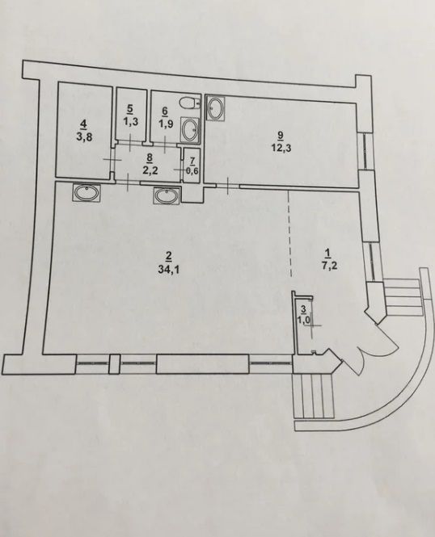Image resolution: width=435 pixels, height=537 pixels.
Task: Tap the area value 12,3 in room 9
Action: (281, 149)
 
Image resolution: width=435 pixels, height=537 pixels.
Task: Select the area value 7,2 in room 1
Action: (327, 265)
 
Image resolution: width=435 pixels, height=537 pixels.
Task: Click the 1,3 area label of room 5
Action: (130, 121)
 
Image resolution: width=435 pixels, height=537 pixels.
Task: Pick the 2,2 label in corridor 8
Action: (150, 170)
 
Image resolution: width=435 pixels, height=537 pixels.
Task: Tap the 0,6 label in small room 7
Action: (192, 171)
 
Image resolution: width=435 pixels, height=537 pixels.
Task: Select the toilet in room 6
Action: (190, 103)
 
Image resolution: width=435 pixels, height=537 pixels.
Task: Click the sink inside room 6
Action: (190, 129)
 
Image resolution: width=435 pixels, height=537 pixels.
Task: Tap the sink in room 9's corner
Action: (216, 108)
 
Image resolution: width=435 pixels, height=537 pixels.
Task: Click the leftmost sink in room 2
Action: (87, 192)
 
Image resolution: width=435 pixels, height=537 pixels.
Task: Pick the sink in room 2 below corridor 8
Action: (167, 195)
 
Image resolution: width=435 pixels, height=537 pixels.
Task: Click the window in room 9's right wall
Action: (364, 151)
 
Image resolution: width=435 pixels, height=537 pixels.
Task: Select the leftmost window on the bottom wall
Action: (92, 363)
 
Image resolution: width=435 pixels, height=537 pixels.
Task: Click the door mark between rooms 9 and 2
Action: (228, 186)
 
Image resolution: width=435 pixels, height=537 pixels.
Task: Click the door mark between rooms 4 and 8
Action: (112, 160)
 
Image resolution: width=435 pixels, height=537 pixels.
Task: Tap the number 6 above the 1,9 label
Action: (164, 111)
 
